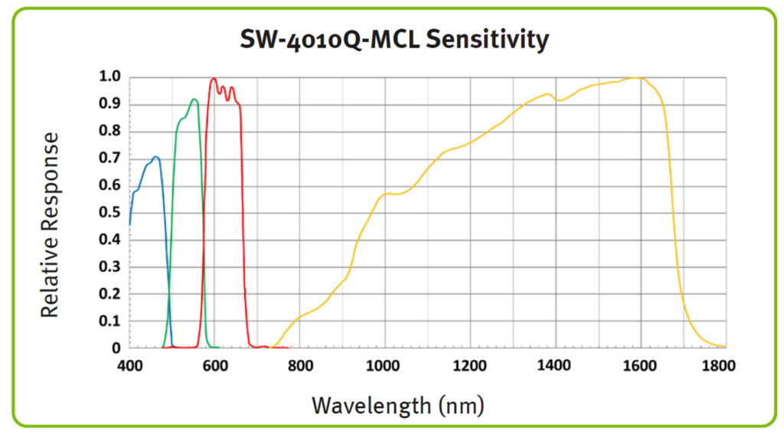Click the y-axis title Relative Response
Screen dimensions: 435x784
point(51,224)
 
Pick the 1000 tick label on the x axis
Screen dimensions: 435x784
point(385,365)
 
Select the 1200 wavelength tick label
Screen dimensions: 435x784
point(470,365)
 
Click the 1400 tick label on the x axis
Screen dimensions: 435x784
point(555,365)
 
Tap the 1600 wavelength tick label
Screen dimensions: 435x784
point(640,365)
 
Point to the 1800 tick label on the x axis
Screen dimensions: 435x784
point(719,365)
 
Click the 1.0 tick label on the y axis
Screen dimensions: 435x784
point(109,77)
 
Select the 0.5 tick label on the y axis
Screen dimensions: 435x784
point(109,212)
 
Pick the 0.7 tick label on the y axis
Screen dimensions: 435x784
point(109,158)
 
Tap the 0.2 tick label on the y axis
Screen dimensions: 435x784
point(109,293)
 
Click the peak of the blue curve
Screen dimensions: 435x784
point(155,157)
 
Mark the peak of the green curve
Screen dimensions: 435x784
point(194,99)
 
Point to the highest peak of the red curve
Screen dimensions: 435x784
point(214,78)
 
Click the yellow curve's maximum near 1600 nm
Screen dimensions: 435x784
point(635,77)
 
